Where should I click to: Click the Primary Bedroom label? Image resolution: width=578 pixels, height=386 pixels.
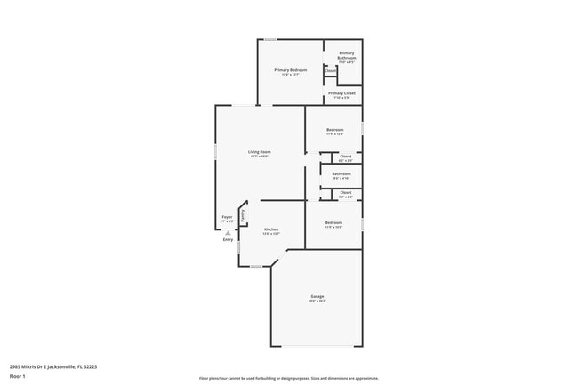291,70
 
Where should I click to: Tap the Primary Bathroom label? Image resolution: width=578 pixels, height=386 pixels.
346,56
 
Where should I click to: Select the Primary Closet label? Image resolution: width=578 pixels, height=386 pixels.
341,93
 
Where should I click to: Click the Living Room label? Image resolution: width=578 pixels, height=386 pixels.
259,152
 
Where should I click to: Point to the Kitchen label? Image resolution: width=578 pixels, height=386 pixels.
271,230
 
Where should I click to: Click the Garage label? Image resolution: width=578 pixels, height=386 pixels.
317,296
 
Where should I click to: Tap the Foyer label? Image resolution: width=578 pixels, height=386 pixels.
228,217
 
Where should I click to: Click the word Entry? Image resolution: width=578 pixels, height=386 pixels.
229,239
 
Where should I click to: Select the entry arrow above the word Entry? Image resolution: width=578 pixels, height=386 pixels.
228,232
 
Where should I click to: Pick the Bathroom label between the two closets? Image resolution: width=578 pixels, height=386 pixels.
341,173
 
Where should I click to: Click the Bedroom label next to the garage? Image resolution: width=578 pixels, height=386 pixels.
333,222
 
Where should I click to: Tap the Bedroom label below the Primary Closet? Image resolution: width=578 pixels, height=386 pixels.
333,130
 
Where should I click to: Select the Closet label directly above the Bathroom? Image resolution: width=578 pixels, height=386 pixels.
346,157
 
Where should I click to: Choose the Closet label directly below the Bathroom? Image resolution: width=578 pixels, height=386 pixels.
346,192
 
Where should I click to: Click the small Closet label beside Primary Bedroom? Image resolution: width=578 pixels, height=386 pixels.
330,70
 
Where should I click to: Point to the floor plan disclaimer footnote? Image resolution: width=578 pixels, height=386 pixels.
289,377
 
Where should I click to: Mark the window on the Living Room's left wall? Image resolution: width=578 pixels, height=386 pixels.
215,151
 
